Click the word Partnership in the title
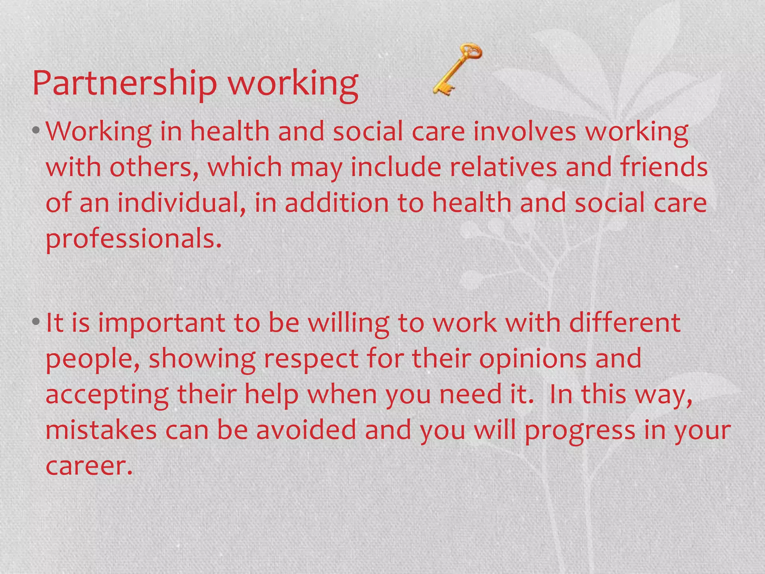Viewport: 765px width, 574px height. click(124, 83)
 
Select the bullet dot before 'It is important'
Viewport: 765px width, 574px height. click(36, 321)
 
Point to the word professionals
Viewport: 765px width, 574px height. click(133, 239)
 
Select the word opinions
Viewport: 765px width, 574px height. click(533, 359)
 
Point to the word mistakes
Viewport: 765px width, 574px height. click(101, 430)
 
